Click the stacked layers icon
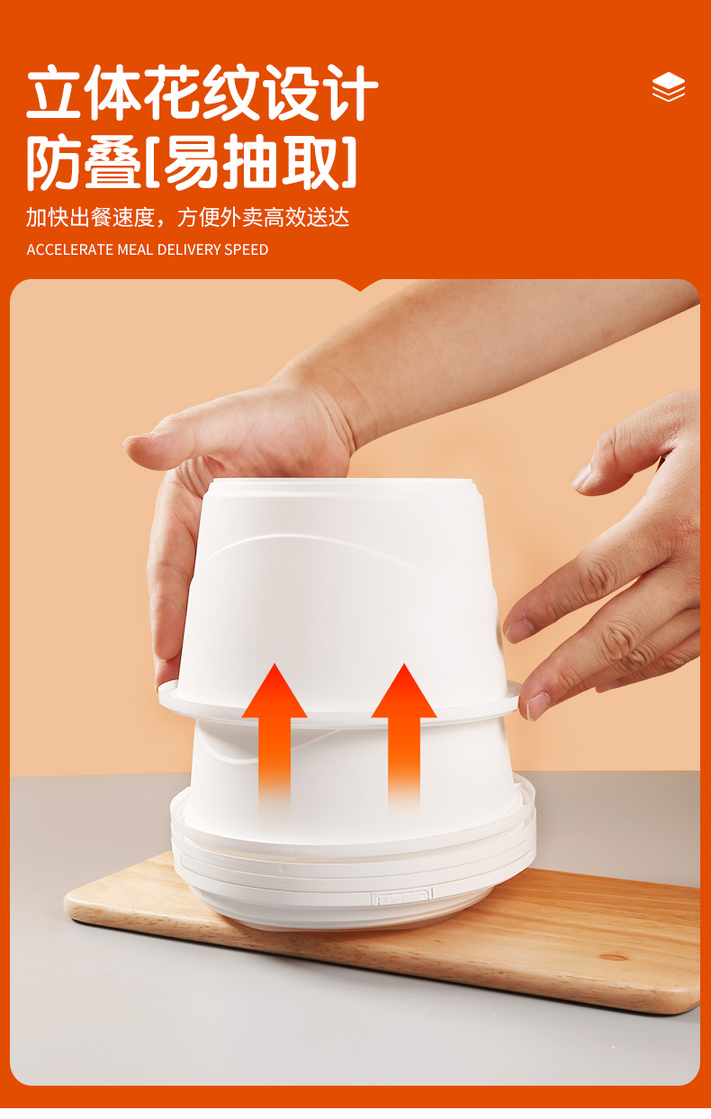coord(669,86)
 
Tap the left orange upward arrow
coord(274,735)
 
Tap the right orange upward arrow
coord(404,735)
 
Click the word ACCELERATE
coord(70,249)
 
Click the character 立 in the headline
coord(54,93)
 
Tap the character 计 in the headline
coord(349,93)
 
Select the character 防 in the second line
coord(54,163)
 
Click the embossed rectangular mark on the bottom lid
coord(403,898)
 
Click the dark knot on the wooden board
coord(613,958)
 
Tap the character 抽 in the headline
coord(249,163)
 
